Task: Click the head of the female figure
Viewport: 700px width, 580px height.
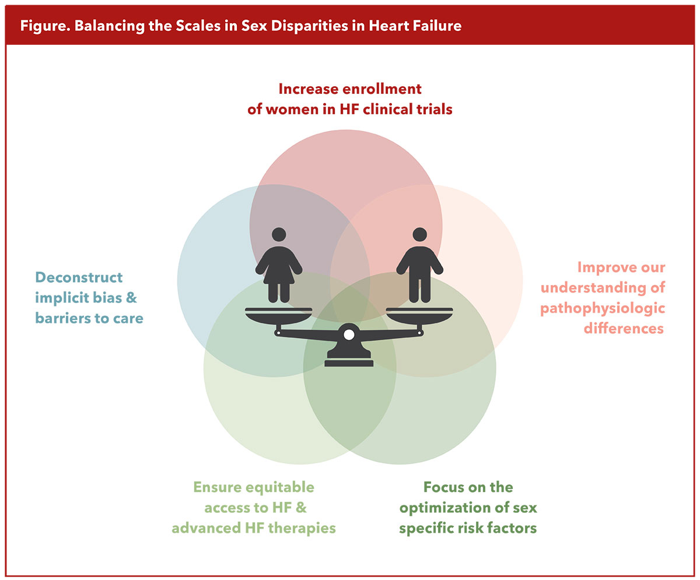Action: click(279, 234)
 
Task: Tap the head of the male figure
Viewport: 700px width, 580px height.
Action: click(419, 234)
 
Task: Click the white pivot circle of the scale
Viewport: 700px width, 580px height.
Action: click(349, 335)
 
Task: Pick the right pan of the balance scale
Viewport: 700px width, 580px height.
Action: click(419, 315)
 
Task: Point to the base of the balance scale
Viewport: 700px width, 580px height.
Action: click(349, 358)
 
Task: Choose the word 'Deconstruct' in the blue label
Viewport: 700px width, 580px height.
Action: click(79, 277)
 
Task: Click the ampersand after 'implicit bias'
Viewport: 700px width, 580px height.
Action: click(132, 298)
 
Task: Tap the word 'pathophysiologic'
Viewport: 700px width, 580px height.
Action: click(603, 308)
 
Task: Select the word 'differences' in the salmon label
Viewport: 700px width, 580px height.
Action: click(623, 328)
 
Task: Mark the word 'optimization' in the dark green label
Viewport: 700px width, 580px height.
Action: click(448, 507)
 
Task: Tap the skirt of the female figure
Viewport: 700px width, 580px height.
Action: click(279, 274)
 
